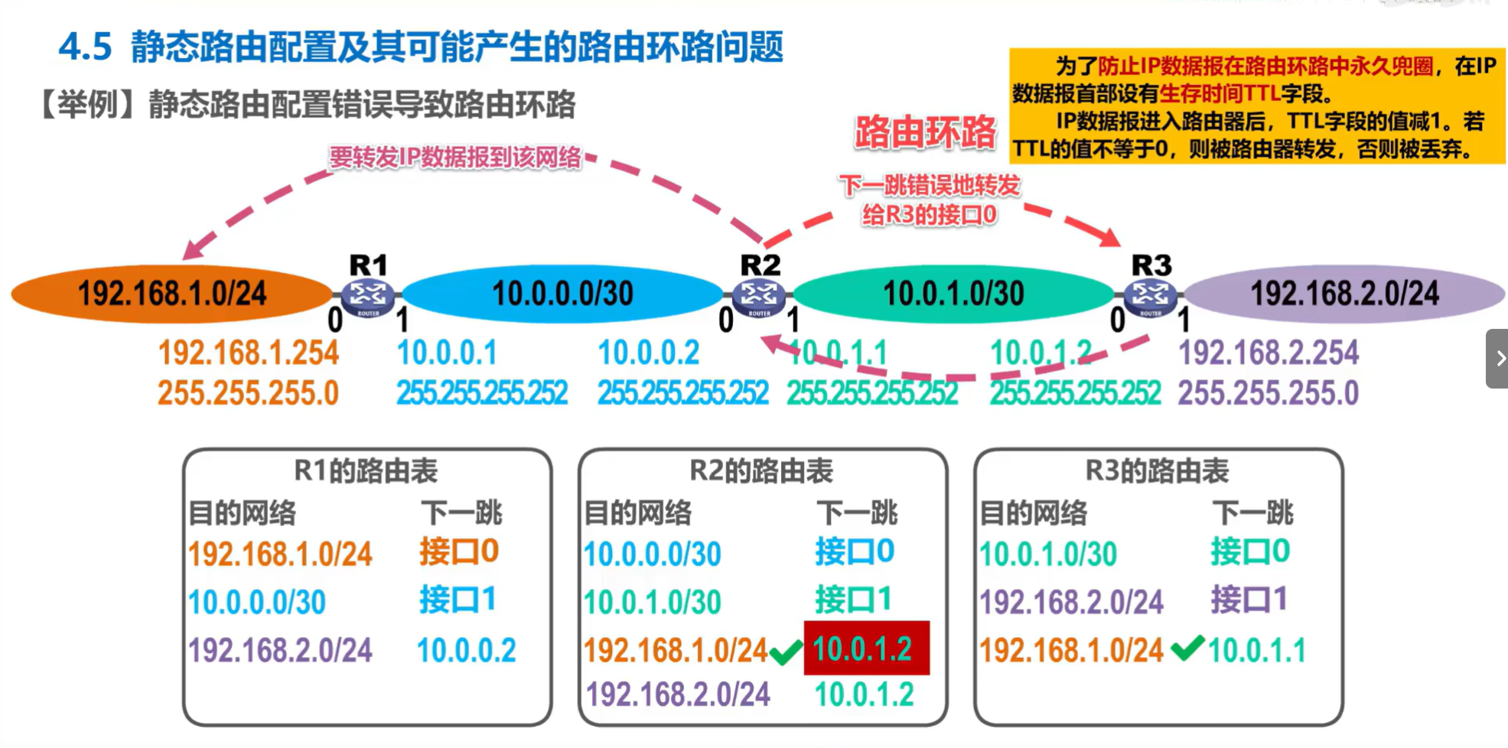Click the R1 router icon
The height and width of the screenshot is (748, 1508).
coord(368,296)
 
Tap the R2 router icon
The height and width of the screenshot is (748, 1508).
coord(759,296)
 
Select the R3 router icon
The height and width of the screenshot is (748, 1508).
coord(1150,296)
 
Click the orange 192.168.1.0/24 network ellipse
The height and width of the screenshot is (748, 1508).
coord(172,294)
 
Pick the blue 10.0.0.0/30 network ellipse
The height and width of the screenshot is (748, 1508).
coord(562,294)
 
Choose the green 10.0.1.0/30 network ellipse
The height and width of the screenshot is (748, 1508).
coord(953,294)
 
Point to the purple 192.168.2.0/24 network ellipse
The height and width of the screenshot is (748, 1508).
coord(1344,294)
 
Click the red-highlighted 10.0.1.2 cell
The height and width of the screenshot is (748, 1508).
coord(866,649)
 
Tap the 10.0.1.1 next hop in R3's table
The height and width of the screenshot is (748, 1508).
coord(1256,650)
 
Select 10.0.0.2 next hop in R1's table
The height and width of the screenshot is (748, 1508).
coord(466,650)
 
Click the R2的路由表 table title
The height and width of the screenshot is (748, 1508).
coord(761,470)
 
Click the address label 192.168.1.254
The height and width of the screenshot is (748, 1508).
coord(249,353)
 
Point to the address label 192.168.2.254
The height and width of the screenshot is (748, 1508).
coord(1268,353)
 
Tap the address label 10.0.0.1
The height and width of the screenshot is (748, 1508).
coord(447,353)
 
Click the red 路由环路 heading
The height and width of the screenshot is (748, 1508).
coord(925,132)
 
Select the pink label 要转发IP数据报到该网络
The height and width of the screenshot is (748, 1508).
coord(455,157)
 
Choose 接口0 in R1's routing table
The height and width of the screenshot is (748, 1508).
coord(459,551)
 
